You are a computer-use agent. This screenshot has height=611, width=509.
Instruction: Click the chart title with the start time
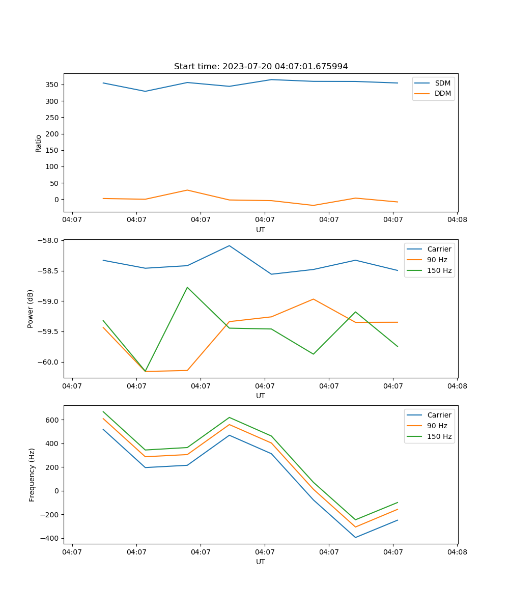[261, 67]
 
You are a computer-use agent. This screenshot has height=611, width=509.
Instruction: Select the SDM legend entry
[442, 83]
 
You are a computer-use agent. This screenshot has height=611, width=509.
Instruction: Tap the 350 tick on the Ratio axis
[53, 85]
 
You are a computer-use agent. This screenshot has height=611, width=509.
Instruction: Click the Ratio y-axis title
[39, 143]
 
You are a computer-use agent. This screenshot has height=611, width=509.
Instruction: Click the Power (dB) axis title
[31, 309]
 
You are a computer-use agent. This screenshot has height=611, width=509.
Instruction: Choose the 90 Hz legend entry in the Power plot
[437, 260]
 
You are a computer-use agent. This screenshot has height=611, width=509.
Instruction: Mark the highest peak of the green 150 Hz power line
[187, 287]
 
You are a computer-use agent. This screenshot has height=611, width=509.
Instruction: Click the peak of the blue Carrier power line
[229, 245]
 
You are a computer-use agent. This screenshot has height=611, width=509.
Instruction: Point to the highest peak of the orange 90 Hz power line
[313, 299]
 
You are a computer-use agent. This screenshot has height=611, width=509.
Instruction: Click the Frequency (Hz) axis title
[32, 475]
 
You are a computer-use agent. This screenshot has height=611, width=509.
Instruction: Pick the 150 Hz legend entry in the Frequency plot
[439, 436]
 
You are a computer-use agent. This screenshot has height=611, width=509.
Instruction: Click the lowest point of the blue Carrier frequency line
[355, 537]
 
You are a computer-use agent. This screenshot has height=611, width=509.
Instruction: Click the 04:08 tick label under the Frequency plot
[457, 551]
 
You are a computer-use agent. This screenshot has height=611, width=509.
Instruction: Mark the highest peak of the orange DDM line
[187, 190]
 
